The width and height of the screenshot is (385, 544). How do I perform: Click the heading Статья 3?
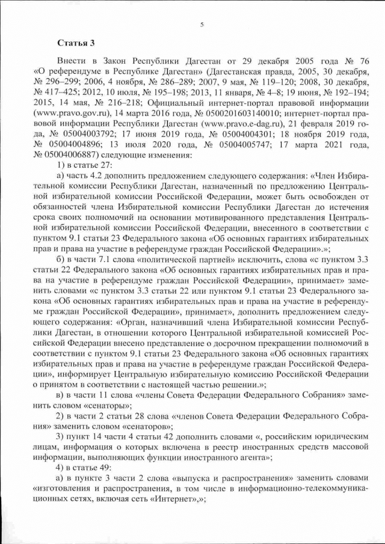[76, 43]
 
